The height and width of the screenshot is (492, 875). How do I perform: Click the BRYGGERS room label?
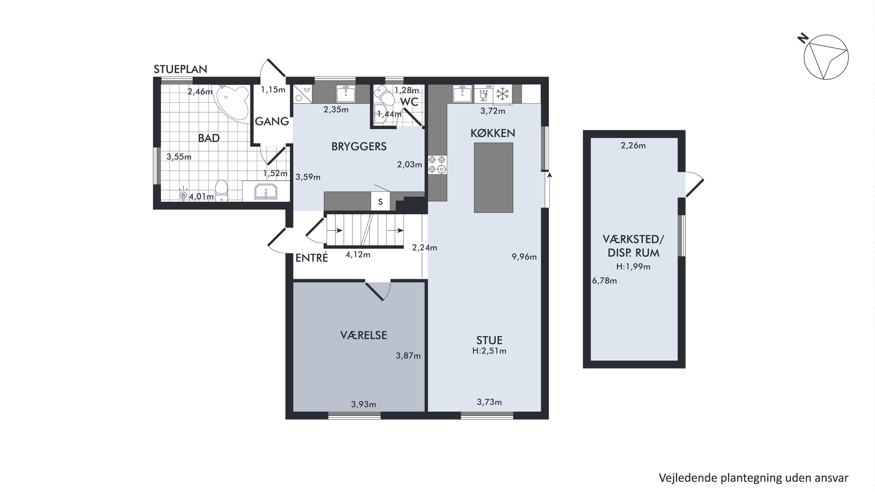359,147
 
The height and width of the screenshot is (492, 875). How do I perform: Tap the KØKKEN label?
493,133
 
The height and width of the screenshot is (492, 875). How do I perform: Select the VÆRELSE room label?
363,335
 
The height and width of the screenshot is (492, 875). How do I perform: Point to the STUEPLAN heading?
180,69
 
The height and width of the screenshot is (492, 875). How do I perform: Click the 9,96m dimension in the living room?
524,257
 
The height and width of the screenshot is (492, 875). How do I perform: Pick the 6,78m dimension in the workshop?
604,281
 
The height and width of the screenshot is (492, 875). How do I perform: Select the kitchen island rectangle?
493,178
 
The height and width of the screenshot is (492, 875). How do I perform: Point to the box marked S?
380,202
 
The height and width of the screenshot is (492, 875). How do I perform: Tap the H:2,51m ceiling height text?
489,351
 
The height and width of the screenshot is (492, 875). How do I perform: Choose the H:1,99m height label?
633,267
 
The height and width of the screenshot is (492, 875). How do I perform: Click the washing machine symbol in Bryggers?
302,93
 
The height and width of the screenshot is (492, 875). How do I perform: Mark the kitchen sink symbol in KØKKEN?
462,93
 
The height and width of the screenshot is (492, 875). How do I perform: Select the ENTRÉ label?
311,258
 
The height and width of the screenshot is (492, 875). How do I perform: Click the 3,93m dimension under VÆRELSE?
363,404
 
